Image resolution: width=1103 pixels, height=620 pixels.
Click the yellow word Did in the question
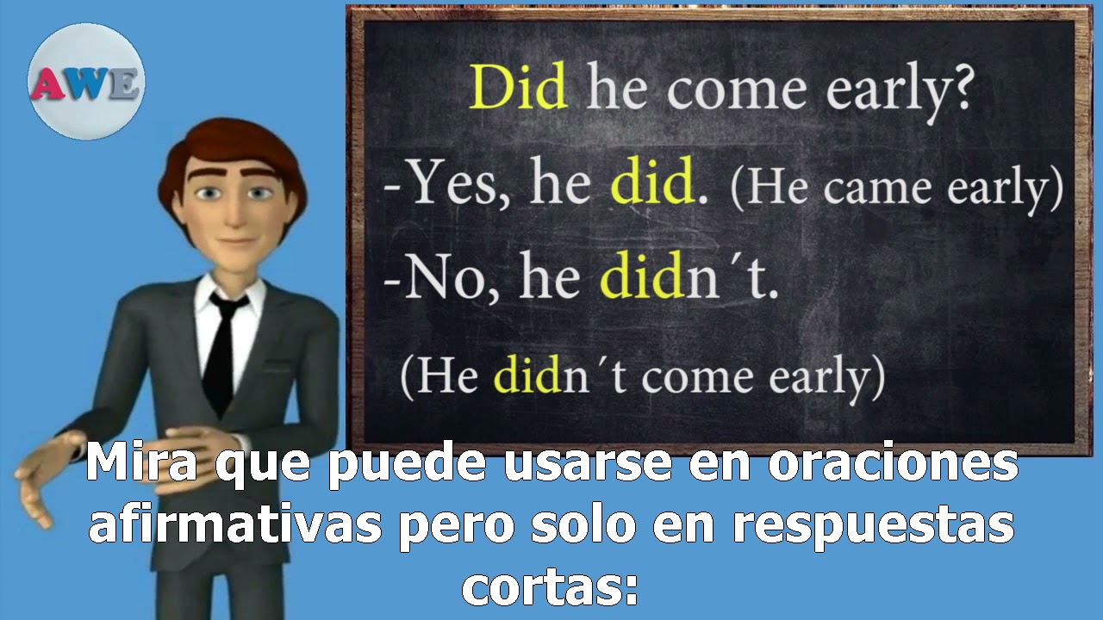click(x=518, y=89)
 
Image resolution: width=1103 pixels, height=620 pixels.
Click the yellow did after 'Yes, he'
click(x=652, y=183)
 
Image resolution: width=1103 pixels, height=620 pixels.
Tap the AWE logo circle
click(x=86, y=83)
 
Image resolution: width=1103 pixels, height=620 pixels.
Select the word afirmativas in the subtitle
click(x=234, y=526)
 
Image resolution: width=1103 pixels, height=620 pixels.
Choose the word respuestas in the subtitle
click(x=873, y=526)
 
